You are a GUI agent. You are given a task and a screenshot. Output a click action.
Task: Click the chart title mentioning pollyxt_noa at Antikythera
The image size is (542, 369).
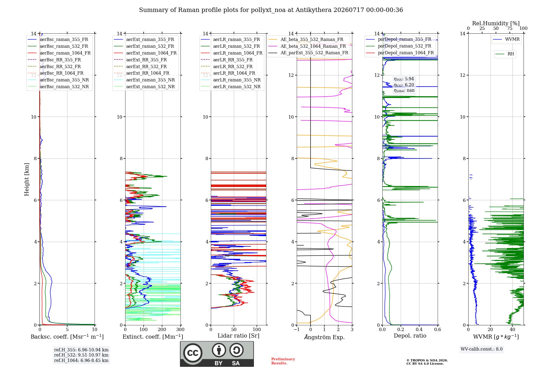(271, 10)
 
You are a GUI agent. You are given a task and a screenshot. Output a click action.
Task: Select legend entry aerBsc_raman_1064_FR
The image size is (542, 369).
(59, 53)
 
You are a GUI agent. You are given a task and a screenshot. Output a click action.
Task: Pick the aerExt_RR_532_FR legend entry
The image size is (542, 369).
(140, 66)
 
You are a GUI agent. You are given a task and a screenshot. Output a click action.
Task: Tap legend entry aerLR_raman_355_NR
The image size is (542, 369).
(231, 80)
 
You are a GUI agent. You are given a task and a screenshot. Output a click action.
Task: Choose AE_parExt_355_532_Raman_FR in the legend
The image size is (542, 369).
(308, 53)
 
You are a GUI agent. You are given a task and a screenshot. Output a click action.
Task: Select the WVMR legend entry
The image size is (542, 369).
(506, 39)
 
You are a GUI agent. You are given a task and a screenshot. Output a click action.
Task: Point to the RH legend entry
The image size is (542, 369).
(505, 54)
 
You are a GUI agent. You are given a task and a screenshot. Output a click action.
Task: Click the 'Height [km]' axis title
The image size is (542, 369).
(27, 179)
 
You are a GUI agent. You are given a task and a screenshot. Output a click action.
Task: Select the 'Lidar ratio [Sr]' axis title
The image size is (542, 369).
(238, 336)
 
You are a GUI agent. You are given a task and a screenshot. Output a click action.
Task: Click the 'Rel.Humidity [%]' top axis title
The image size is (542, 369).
(496, 23)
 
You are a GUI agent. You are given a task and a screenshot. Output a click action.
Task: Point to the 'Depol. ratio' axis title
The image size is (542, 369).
(410, 336)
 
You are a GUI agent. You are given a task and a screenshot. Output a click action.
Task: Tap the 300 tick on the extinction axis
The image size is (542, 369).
(180, 329)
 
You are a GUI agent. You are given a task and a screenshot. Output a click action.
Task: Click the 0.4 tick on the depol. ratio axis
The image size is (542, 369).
(419, 329)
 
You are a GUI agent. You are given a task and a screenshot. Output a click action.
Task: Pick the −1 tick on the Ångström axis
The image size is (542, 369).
(297, 329)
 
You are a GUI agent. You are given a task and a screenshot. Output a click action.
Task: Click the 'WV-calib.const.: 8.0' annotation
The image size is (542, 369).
(482, 349)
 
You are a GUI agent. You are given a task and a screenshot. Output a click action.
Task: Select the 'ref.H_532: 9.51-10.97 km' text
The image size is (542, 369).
(81, 355)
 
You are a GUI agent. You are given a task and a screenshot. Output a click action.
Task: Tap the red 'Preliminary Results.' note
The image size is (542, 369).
(283, 361)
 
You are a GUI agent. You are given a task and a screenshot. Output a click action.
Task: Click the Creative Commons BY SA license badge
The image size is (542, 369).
(217, 354)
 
